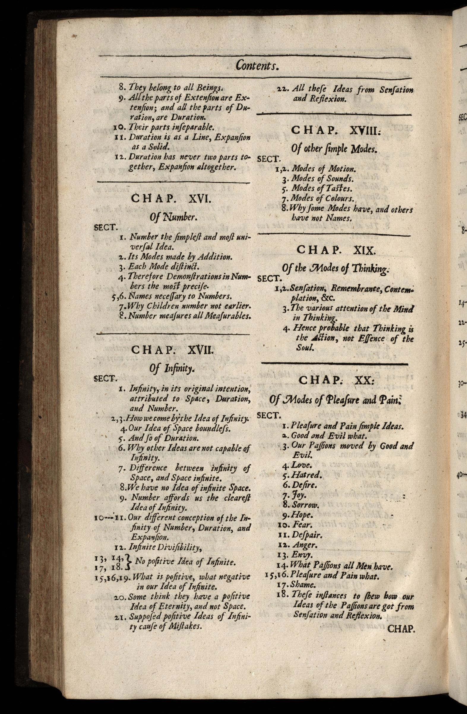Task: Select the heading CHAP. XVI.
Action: coord(172,200)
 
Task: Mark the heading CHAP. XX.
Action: coord(336,380)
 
